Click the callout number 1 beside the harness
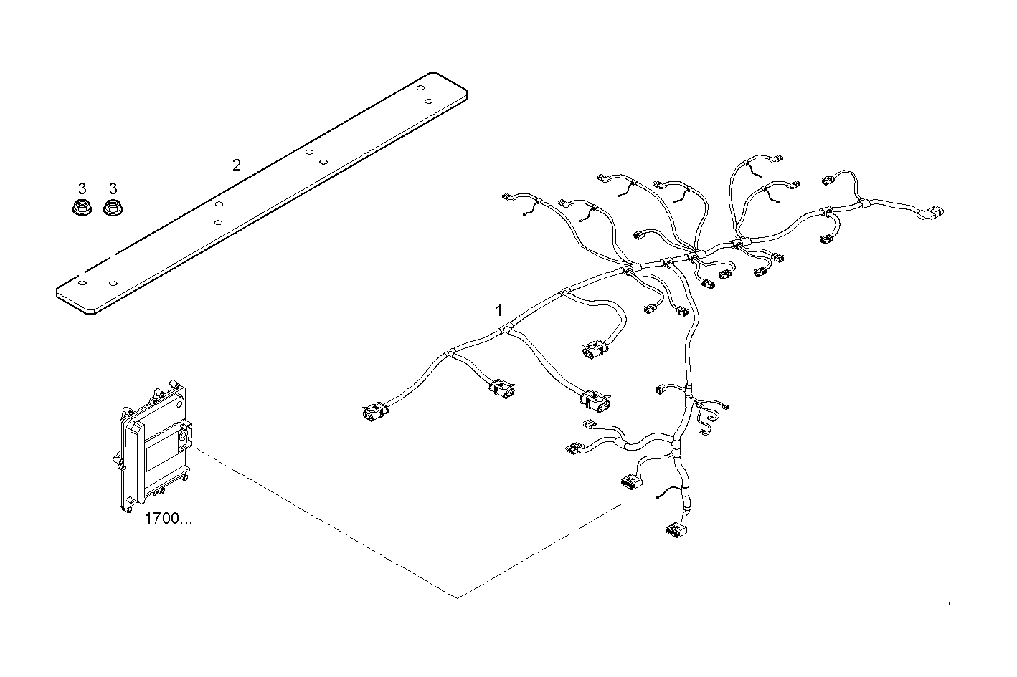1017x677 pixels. coord(499,310)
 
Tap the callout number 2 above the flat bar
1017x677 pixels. coord(237,165)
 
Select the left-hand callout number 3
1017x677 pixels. coord(82,188)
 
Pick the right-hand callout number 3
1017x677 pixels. coord(113,188)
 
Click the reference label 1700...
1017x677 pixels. coord(168,519)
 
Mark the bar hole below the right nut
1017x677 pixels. coord(113,283)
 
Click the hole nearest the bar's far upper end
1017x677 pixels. coord(421,88)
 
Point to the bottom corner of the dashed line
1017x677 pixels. coord(458,597)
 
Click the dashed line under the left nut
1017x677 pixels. coord(82,247)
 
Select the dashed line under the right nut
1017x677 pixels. coord(113,247)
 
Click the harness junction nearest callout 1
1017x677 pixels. coord(506,330)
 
